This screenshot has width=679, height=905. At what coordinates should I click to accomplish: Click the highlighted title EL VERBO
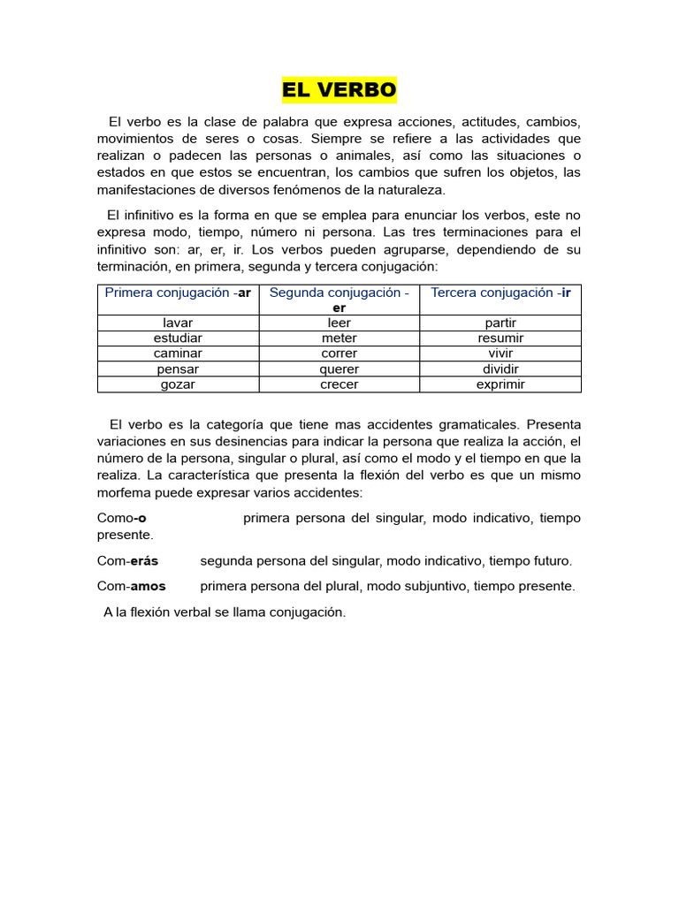click(x=339, y=90)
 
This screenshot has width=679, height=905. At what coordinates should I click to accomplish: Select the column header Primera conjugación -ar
click(x=178, y=293)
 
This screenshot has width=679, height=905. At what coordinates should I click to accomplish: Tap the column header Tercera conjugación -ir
click(x=500, y=293)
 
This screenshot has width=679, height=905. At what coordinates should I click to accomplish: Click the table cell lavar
click(x=178, y=323)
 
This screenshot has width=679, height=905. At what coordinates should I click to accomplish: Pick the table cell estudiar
click(x=178, y=338)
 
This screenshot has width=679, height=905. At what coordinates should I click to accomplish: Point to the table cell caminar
click(x=178, y=353)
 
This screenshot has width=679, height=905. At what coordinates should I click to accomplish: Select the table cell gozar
click(x=178, y=384)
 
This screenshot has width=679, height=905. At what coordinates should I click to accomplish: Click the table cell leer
click(x=339, y=323)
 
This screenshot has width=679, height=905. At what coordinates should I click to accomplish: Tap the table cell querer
click(x=339, y=369)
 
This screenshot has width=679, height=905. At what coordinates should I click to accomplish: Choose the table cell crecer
click(x=339, y=384)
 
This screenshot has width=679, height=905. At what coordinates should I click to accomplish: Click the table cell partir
click(x=500, y=323)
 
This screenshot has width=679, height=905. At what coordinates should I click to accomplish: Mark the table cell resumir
click(x=500, y=338)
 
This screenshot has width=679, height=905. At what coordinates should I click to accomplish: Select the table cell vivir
click(x=500, y=353)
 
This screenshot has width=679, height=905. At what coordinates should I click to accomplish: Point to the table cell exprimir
click(x=500, y=384)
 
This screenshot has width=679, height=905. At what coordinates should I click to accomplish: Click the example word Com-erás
click(x=127, y=560)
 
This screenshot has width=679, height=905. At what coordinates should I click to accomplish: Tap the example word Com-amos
click(x=131, y=585)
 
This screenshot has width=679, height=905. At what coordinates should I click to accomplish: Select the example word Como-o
click(x=121, y=518)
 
